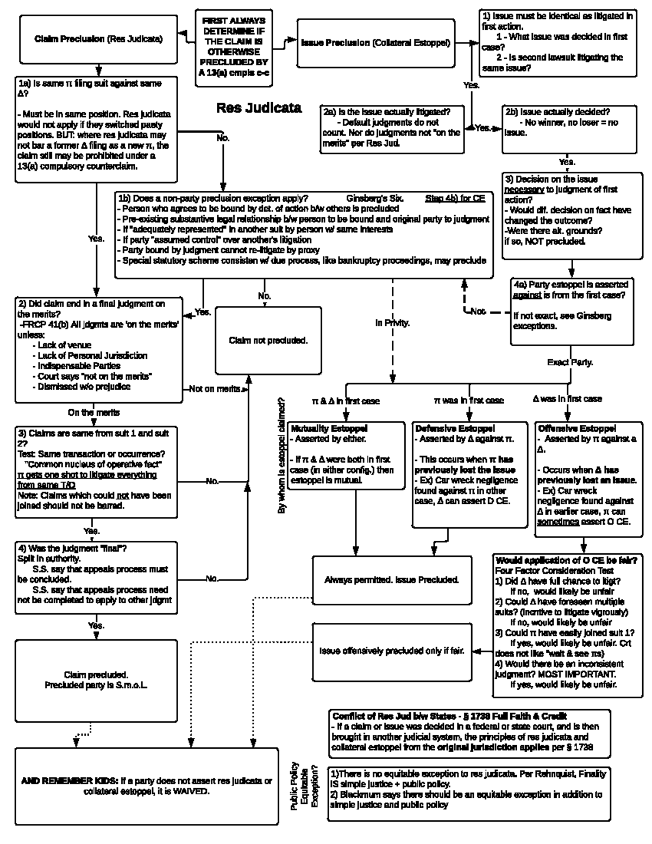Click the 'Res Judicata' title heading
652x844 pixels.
(259, 108)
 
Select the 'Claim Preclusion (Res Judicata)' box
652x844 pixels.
(98, 39)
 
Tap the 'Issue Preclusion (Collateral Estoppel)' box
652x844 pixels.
(375, 43)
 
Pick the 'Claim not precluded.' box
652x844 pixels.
(268, 341)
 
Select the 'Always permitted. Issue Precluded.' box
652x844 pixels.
(391, 580)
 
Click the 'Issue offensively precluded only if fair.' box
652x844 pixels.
(391, 651)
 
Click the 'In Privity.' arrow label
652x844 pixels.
(392, 323)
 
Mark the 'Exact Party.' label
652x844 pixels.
(570, 362)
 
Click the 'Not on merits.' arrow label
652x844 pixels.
(215, 389)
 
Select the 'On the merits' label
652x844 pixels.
(93, 412)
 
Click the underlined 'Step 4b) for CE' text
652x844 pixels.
(455, 198)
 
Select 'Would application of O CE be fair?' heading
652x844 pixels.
(566, 560)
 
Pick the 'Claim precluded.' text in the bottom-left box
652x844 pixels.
(96, 675)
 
